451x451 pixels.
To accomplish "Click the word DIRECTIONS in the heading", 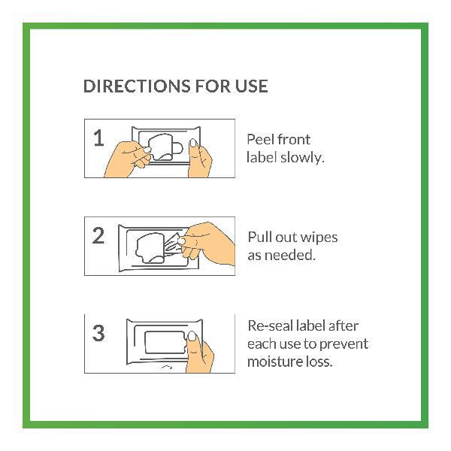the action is click(x=137, y=86).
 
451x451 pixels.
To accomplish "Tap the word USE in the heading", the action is click(x=252, y=86).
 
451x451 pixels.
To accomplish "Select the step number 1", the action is click(x=98, y=138).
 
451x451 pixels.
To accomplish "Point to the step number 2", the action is click(x=98, y=235).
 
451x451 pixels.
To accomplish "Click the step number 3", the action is click(x=98, y=333).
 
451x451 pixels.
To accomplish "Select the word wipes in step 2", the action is click(x=319, y=238).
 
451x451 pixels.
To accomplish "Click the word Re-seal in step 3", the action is click(x=270, y=326).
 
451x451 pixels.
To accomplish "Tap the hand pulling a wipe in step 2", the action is click(x=208, y=244).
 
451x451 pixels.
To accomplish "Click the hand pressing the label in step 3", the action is click(x=199, y=353).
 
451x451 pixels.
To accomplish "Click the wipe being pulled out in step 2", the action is click(x=173, y=245).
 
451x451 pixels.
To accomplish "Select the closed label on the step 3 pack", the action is click(x=165, y=343).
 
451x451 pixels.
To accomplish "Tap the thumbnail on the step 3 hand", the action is click(x=192, y=336).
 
